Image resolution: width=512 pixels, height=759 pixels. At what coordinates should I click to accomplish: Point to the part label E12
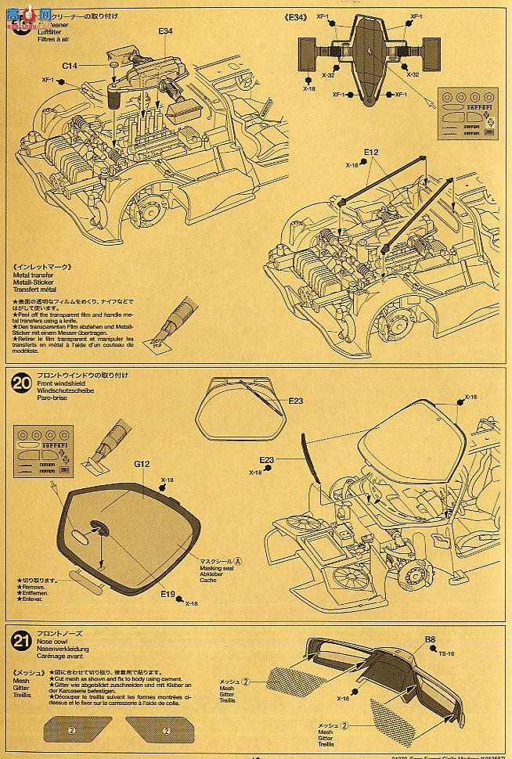pos(370,152)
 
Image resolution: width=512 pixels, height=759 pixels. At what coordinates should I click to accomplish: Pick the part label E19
pos(168,595)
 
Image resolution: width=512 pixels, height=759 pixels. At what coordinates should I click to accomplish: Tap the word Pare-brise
pos(52,397)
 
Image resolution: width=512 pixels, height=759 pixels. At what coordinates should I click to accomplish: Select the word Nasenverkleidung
pos(63,649)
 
